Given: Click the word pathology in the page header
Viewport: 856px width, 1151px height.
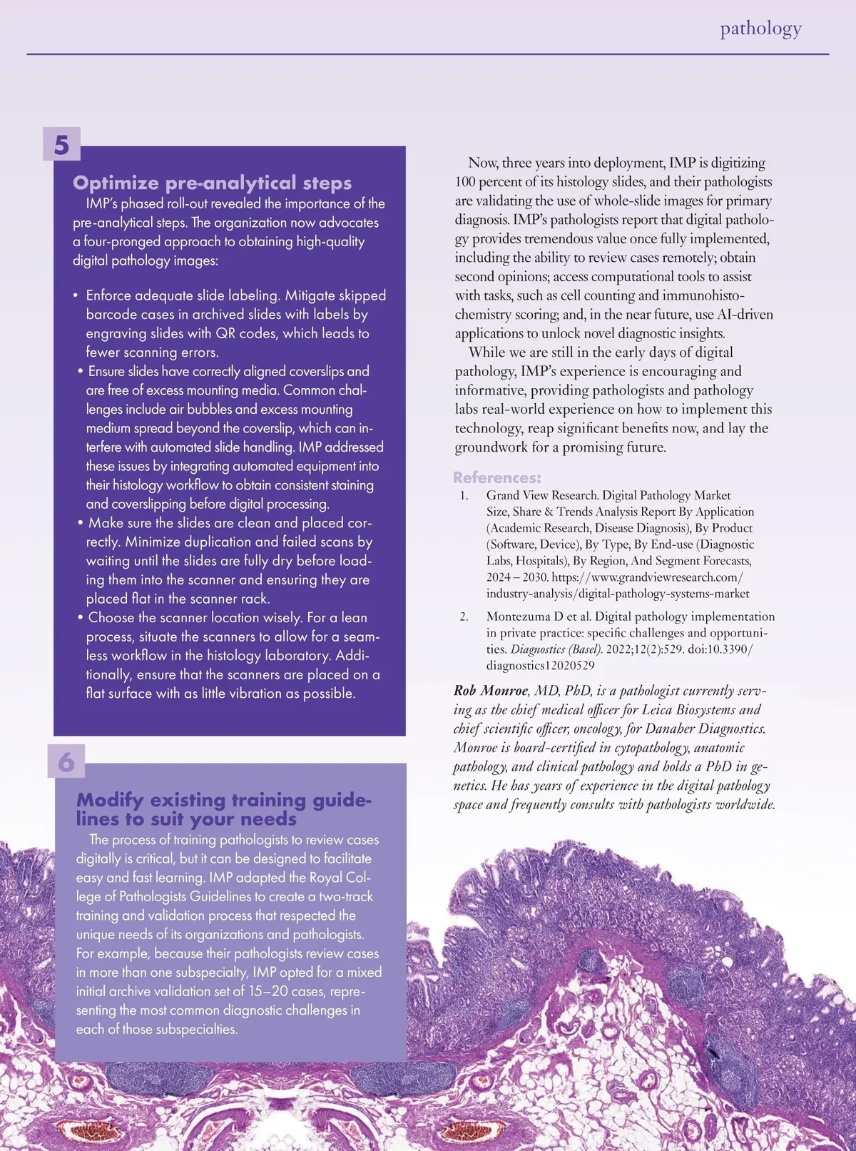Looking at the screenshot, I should click(760, 29).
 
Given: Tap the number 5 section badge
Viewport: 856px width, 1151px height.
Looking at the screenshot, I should click(62, 145).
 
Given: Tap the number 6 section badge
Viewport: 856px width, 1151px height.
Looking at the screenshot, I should click(66, 762).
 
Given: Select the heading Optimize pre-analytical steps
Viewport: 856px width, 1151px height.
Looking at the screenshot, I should click(212, 183).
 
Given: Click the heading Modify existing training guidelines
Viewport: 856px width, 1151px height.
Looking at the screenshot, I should click(223, 809).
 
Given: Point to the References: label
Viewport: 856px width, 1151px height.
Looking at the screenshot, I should click(497, 477).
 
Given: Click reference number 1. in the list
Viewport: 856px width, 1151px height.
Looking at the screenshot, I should click(464, 495).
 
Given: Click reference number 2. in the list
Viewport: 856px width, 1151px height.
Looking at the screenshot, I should click(464, 617).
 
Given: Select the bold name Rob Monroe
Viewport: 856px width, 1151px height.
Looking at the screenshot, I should click(491, 691).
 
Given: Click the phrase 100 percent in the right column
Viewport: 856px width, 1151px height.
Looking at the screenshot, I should click(488, 182).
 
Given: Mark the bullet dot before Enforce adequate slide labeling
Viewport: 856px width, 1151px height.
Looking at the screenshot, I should click(75, 295).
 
